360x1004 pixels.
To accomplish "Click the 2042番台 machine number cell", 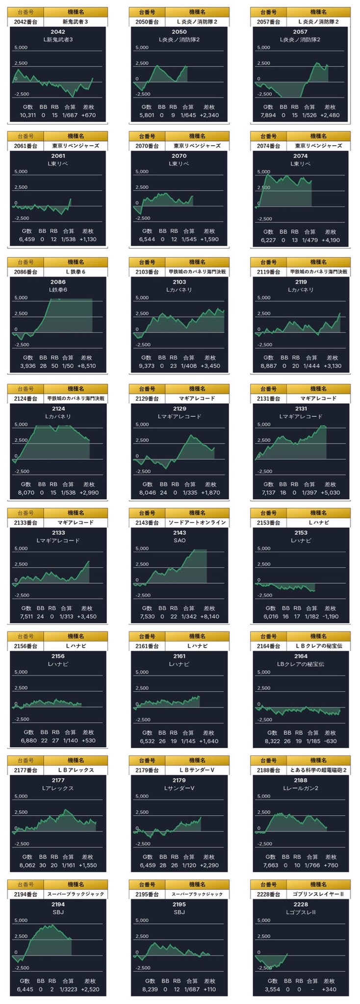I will (x=26, y=22).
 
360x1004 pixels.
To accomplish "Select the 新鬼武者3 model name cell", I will (x=75, y=22).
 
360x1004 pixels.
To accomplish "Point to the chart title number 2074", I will (x=301, y=156).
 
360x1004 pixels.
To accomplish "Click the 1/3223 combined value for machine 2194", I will (x=68, y=989).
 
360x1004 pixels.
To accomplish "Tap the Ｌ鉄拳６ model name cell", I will (x=75, y=272).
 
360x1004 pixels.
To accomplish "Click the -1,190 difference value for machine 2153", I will (x=330, y=617).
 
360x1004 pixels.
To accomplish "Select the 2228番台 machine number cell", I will (x=268, y=894).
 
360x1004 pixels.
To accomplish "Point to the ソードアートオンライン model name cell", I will (x=197, y=523).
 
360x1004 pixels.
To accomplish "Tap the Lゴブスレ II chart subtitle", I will (x=301, y=911).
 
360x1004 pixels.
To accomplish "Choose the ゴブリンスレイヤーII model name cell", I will (x=318, y=894).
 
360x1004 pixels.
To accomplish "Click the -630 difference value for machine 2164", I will (x=331, y=741).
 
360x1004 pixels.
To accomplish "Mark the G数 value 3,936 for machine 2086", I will (x=28, y=366).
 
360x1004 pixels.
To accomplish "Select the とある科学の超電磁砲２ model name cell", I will (x=318, y=770).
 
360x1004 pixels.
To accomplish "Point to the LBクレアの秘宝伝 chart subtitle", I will (x=301, y=664).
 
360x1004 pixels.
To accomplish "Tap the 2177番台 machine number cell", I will (x=26, y=770).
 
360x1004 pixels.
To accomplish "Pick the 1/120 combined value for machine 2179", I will (x=189, y=865).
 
